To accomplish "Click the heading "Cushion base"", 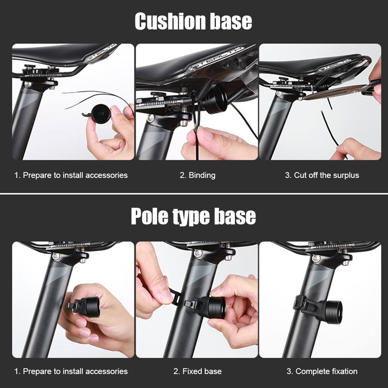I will coord(193,21).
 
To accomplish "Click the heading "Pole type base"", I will coord(193,216).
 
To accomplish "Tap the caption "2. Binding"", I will coord(197,175).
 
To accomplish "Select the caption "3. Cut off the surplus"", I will coord(322,175).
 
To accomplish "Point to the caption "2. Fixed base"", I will coord(197,371).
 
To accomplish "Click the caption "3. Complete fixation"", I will coord(322,371).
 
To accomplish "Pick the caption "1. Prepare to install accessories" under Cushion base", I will coord(71,175).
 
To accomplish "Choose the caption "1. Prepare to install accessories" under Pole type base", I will coord(71,371).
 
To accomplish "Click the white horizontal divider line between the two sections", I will coord(194,193).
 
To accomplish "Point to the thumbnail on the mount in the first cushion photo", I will coord(116,110).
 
